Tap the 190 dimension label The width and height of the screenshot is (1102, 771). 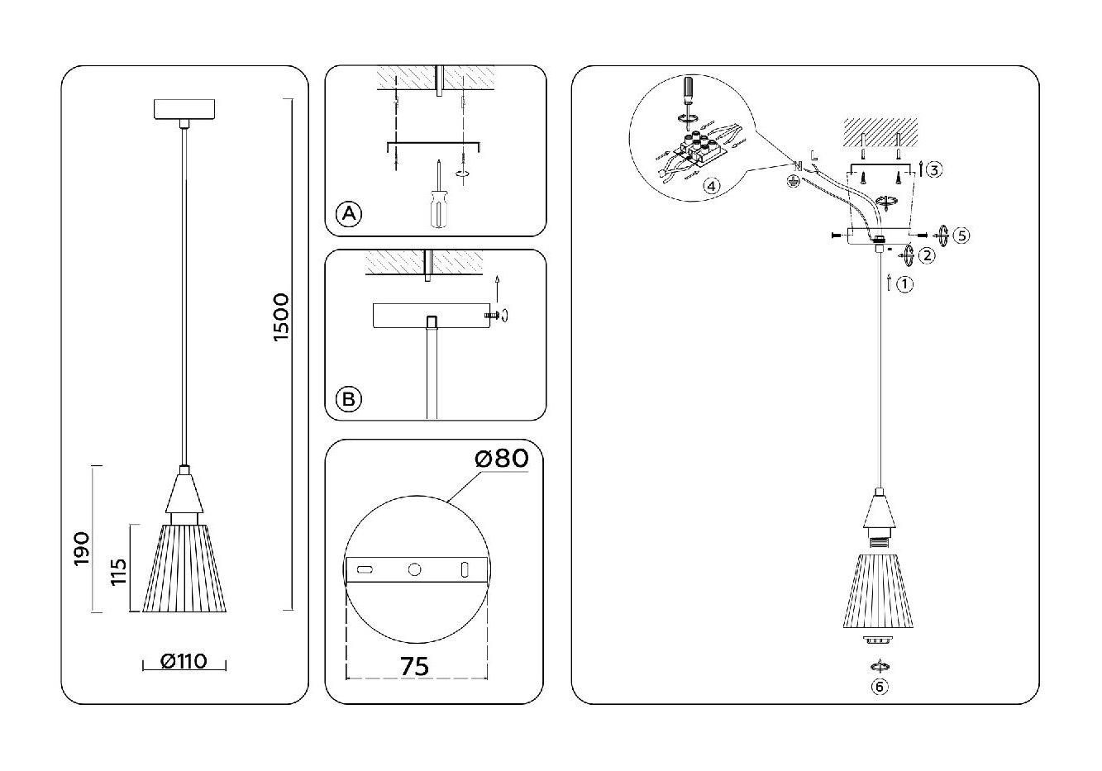click(x=81, y=549)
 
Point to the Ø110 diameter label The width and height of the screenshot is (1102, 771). click(x=184, y=662)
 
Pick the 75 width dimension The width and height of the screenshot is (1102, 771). click(x=414, y=666)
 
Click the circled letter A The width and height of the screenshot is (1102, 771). click(x=349, y=214)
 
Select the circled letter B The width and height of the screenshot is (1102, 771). click(x=349, y=399)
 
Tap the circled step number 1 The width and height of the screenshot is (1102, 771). click(x=905, y=284)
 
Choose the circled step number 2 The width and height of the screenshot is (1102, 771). click(x=928, y=255)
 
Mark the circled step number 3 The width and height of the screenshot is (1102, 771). click(x=934, y=170)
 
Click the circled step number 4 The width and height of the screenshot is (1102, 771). click(x=708, y=185)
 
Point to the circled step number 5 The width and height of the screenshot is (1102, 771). click(x=960, y=235)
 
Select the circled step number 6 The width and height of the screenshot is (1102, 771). click(x=880, y=686)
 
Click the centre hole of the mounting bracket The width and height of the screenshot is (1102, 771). click(x=415, y=569)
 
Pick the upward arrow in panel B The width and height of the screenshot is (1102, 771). click(x=497, y=289)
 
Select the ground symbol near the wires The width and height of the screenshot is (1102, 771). click(x=793, y=182)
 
